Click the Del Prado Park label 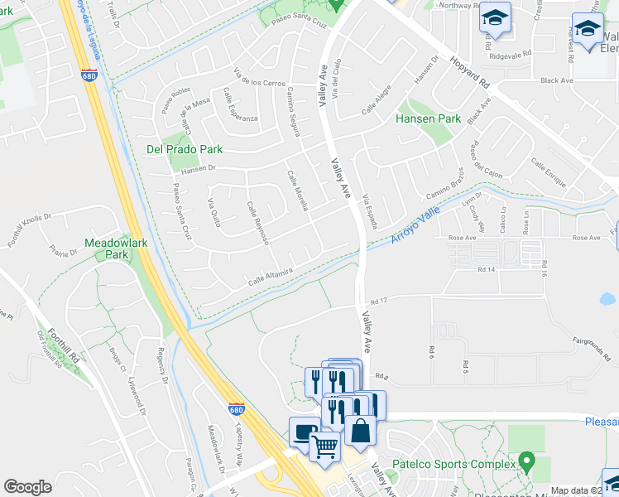185,150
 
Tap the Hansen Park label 428,119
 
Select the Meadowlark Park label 107,249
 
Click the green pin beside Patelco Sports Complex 525,459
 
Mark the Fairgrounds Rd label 590,340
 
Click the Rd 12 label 380,301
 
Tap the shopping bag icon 361,431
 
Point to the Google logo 27,487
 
